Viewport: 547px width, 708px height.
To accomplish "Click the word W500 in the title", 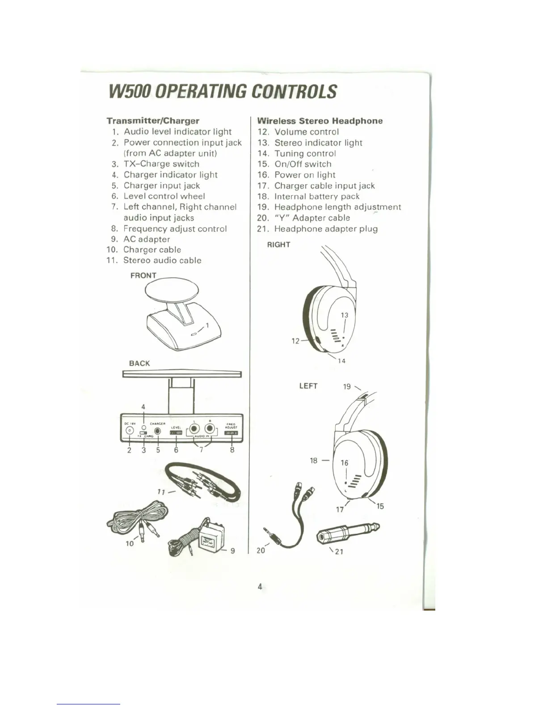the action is pos(131,91).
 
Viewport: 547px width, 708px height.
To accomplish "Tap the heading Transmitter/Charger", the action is pos(153,121).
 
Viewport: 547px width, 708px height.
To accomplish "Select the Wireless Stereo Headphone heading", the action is pos(320,121).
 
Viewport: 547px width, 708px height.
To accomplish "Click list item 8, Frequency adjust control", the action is pos(175,229).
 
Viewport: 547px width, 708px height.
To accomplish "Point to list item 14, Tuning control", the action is pos(305,153).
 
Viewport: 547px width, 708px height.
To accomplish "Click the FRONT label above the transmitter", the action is pos(143,275).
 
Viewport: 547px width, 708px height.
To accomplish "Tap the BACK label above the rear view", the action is pos(139,363).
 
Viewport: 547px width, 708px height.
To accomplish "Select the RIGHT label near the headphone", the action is pos(278,244).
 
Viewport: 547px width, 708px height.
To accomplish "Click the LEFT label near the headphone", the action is pos(308,386).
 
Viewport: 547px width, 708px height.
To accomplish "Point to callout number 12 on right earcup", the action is pos(295,341).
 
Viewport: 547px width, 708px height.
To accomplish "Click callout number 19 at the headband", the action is pos(347,387).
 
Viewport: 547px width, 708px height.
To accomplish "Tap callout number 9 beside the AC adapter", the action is pos(232,551).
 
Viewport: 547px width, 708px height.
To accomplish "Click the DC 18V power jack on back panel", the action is pos(130,430).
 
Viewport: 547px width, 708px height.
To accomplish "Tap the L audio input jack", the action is pos(194,430).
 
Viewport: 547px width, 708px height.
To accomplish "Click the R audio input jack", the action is pos(210,430).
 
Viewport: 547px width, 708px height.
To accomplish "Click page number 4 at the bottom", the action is pos(260,586).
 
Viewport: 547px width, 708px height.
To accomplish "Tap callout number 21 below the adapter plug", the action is pos(339,552).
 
